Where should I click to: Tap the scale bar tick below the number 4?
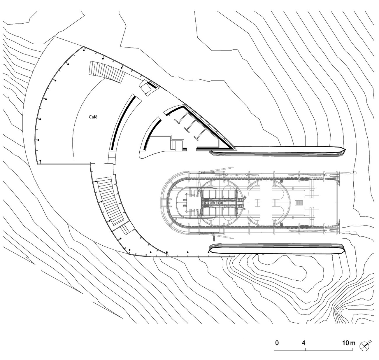(x=306, y=349)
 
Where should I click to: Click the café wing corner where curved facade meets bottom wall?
(x=38, y=164)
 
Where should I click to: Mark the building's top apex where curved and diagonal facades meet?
(x=83, y=46)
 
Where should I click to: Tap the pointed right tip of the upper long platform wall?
(x=345, y=149)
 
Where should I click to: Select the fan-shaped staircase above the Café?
(x=107, y=72)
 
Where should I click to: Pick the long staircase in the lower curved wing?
(x=110, y=201)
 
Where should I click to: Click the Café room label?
(x=93, y=117)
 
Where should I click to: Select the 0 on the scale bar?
(x=277, y=343)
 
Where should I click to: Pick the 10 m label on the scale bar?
(x=349, y=343)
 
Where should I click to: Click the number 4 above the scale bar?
(x=303, y=343)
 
